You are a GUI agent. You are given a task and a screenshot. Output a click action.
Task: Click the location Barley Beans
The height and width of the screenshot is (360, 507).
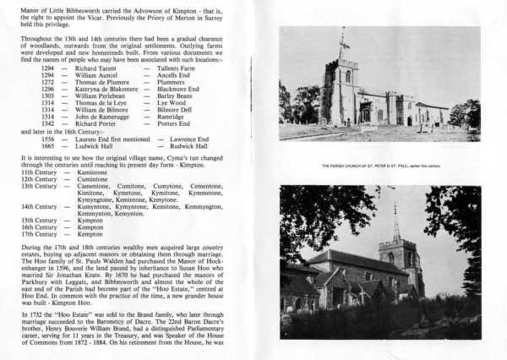(173, 95)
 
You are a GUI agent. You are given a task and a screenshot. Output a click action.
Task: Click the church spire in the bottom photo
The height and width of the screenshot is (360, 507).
(395, 221)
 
